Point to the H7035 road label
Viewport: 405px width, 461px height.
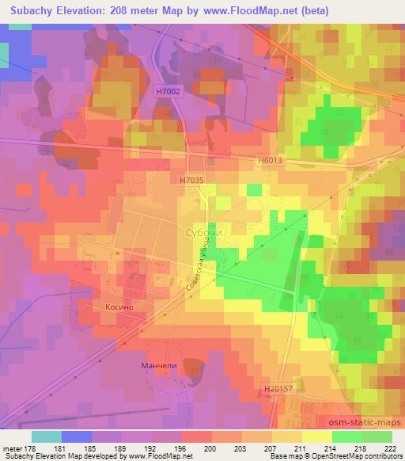[191, 181]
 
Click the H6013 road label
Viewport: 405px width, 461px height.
[269, 160]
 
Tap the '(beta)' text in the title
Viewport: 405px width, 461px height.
[311, 10]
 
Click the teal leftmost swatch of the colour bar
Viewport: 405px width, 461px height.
[47, 436]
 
